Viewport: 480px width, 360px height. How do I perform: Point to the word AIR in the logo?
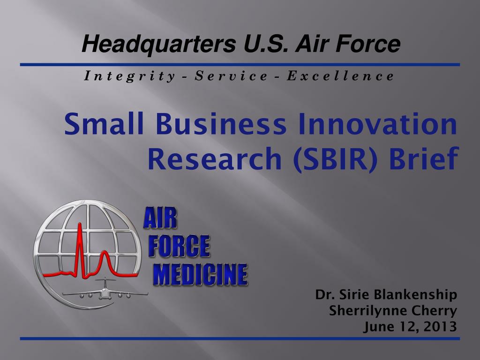[160, 219]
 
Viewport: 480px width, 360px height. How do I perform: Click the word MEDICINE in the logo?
[201, 275]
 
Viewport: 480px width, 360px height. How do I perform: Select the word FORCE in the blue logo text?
[179, 247]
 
